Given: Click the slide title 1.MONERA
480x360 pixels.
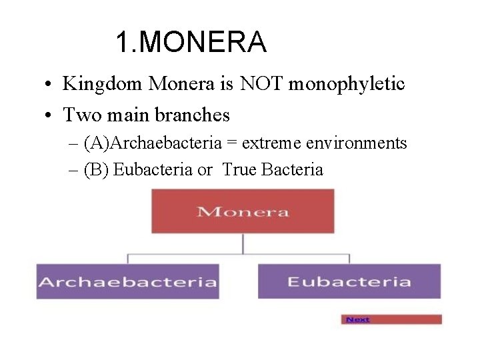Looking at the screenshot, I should (x=191, y=43).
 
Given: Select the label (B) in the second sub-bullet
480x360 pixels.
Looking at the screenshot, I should (x=97, y=170).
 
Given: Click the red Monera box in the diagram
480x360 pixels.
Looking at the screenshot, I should (x=243, y=211).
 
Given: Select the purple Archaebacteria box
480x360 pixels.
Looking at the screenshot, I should (x=127, y=281).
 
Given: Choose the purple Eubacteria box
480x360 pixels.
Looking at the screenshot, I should (x=349, y=281).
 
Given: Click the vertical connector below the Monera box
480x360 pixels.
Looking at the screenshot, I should (x=243, y=244).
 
